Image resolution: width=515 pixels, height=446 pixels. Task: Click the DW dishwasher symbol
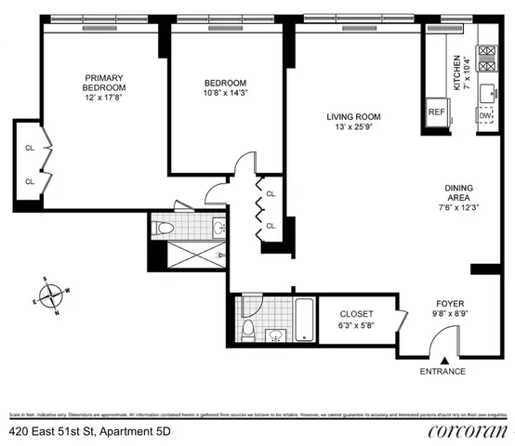tap(485, 114)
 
